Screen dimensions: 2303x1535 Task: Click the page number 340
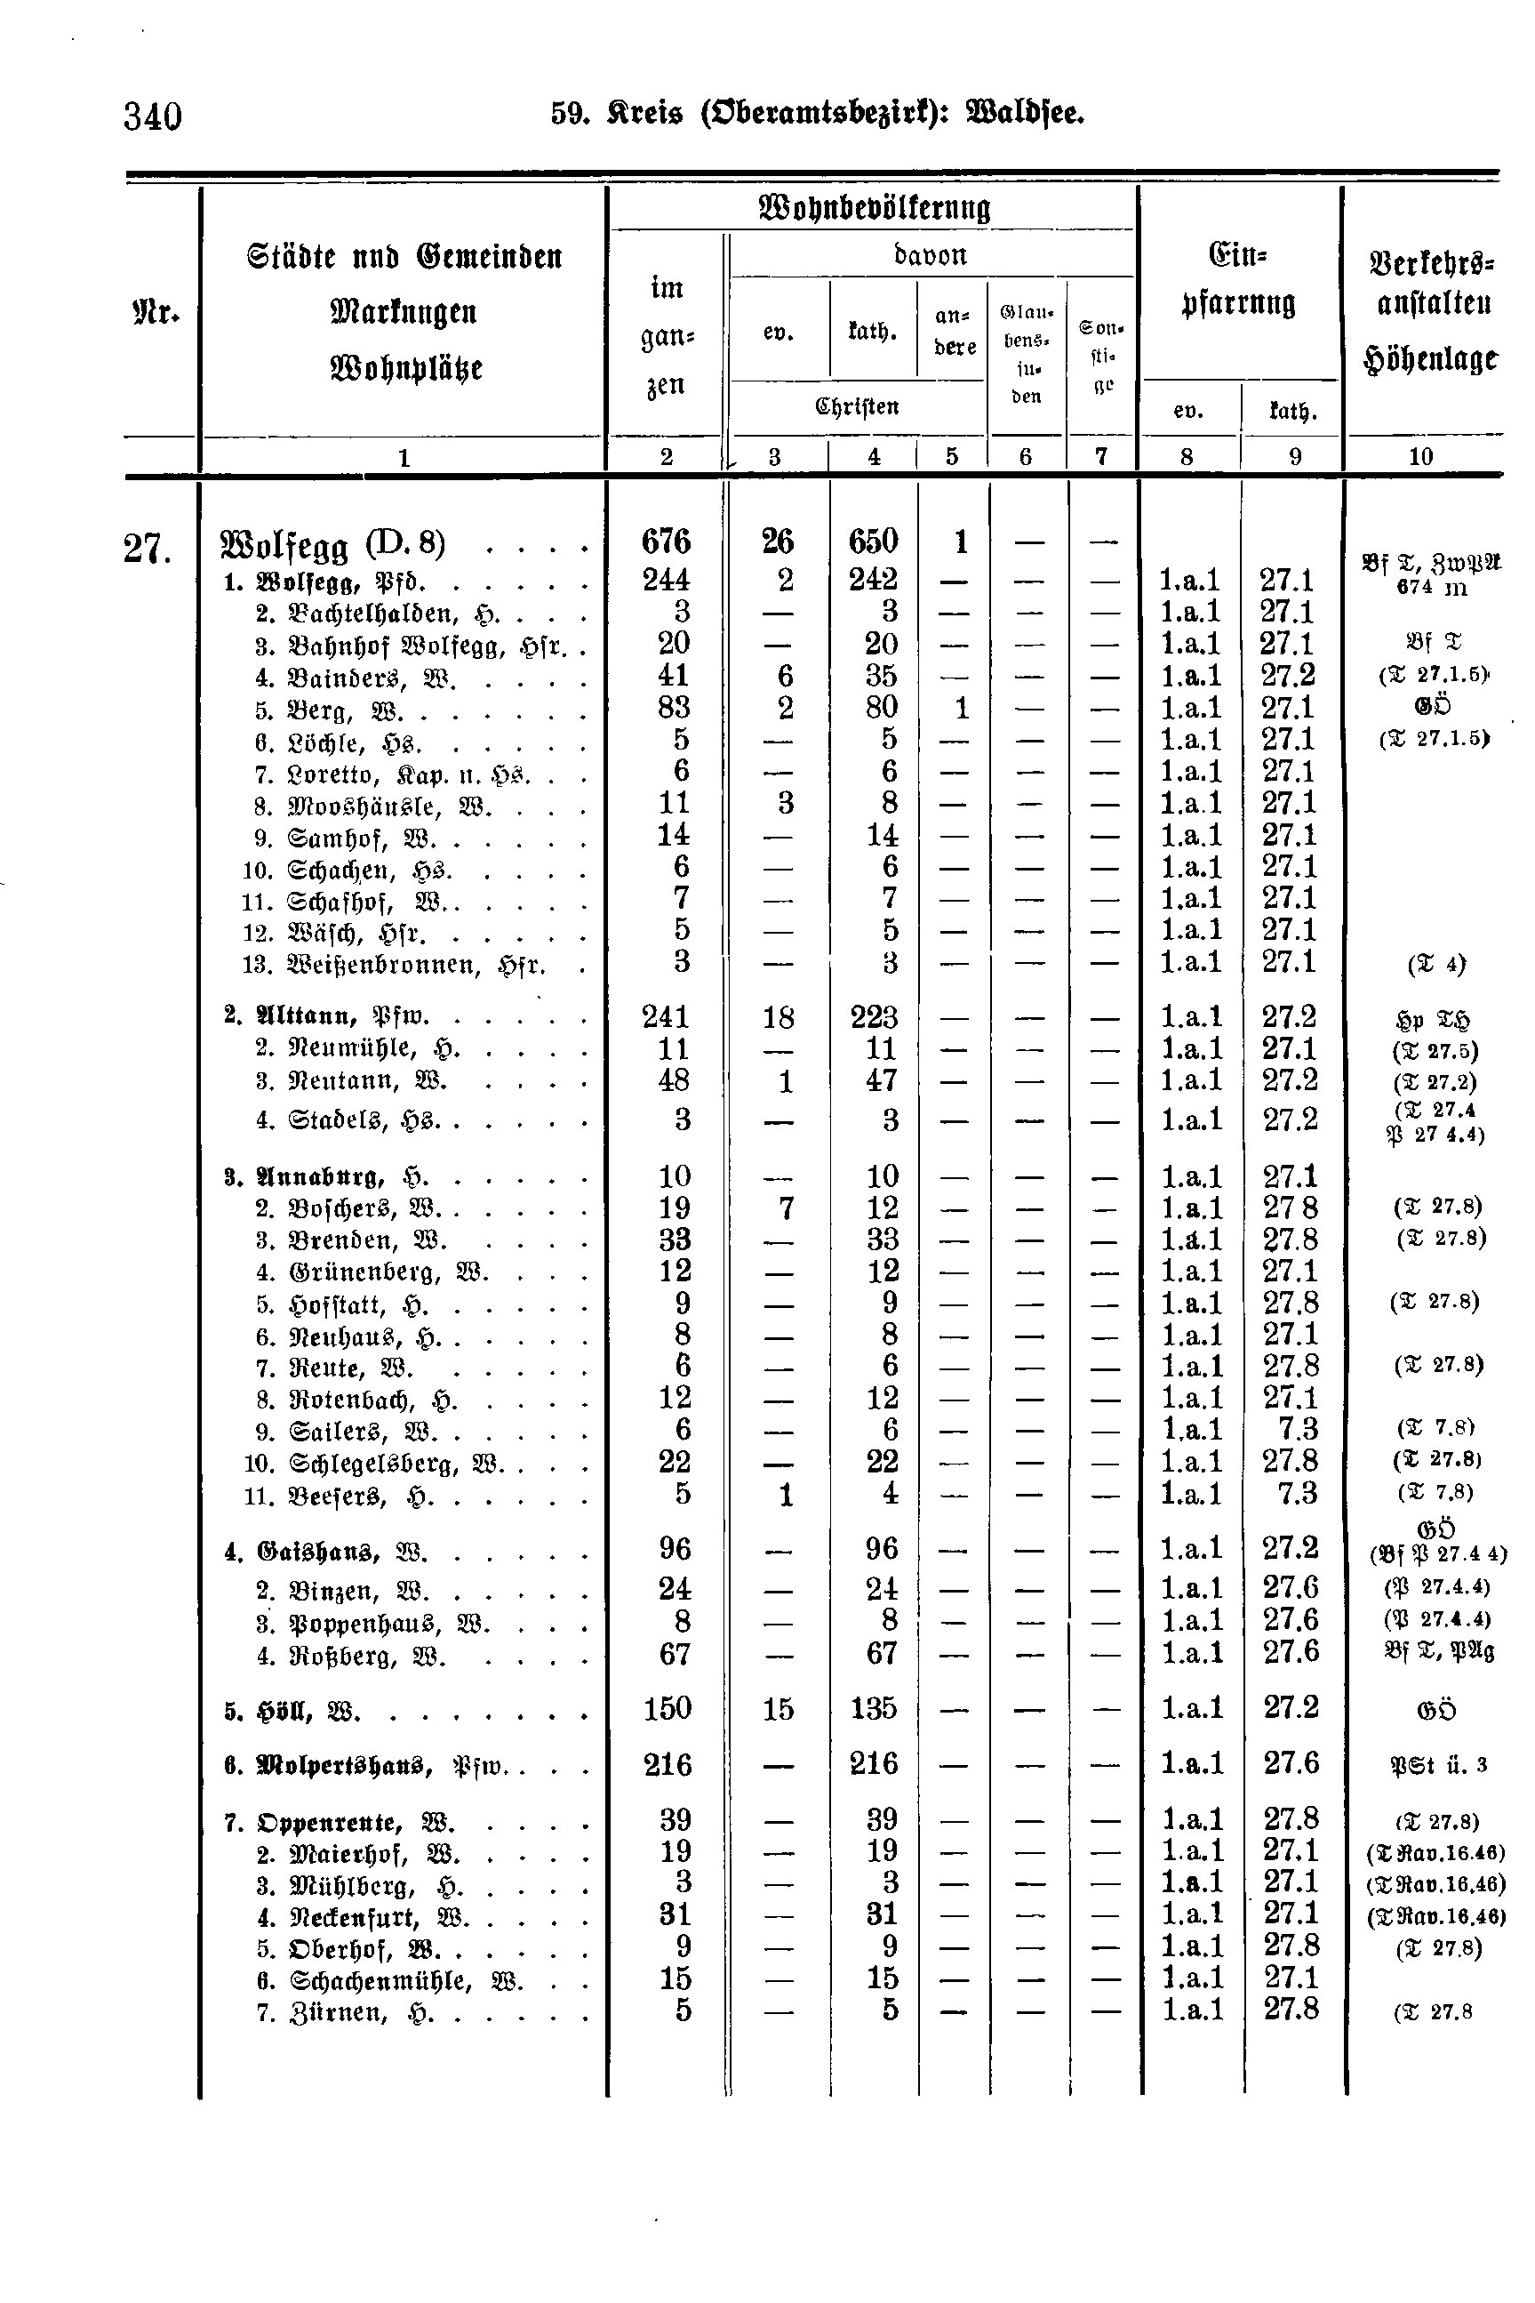[153, 116]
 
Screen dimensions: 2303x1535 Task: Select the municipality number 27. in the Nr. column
[148, 550]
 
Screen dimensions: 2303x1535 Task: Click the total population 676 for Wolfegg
[666, 542]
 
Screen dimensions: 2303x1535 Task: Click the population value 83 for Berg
[675, 707]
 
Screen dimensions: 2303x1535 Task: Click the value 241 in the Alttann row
[666, 1017]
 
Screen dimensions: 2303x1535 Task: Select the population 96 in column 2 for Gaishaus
[675, 1548]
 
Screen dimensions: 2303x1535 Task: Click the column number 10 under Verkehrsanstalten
[1420, 456]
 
